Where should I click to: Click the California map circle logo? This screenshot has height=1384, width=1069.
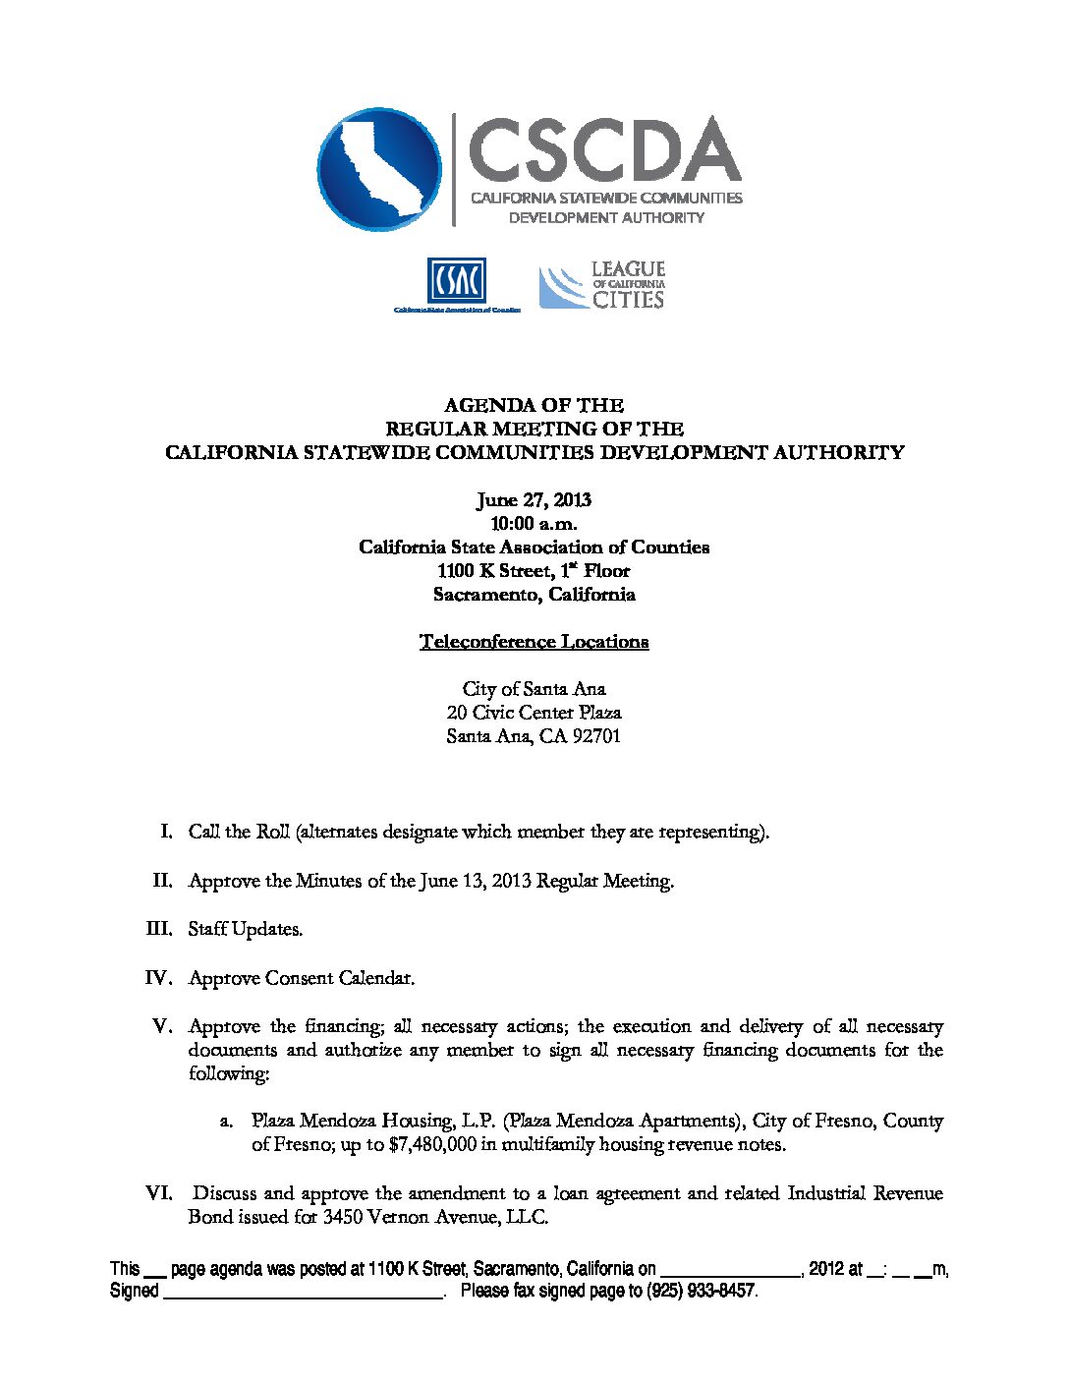click(x=379, y=169)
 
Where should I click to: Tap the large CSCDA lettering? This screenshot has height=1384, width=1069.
click(x=603, y=149)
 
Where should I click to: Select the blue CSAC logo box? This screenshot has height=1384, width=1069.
click(x=456, y=281)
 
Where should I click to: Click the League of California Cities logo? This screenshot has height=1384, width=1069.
click(x=602, y=285)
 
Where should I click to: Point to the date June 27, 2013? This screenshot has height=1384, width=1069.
click(x=534, y=499)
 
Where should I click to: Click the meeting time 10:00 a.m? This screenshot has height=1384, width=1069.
click(x=534, y=523)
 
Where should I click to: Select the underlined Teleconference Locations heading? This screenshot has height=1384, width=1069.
click(x=534, y=642)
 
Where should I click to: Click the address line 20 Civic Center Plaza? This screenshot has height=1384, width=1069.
click(x=534, y=713)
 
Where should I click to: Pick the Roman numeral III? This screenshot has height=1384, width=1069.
click(x=159, y=928)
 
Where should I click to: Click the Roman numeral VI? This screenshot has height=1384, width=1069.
click(x=159, y=1193)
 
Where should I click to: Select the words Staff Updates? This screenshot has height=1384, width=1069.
click(x=246, y=929)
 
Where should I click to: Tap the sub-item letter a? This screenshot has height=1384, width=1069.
click(x=226, y=1122)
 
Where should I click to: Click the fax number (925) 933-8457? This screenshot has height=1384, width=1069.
click(x=702, y=1291)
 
